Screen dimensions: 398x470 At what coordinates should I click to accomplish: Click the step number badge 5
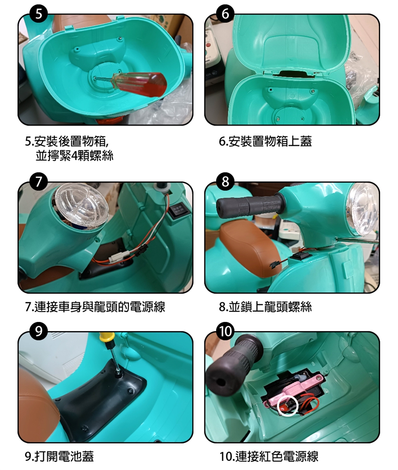pyautogui.click(x=39, y=14)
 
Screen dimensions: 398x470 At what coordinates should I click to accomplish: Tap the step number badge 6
pyautogui.click(x=225, y=14)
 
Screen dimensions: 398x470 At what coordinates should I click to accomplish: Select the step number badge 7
pyautogui.click(x=39, y=182)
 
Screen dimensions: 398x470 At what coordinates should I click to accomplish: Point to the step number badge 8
pyautogui.click(x=225, y=182)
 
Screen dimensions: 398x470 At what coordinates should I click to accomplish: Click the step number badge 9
pyautogui.click(x=39, y=331)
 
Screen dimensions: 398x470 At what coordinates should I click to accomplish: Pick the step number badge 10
pyautogui.click(x=225, y=331)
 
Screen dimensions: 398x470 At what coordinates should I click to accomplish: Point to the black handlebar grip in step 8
pyautogui.click(x=249, y=206)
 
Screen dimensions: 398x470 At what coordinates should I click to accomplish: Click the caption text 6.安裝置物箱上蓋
pyautogui.click(x=265, y=141)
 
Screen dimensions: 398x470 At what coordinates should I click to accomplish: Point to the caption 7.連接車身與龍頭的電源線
pyautogui.click(x=95, y=307)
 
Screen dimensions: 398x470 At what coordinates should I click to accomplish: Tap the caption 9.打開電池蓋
pyautogui.click(x=59, y=456)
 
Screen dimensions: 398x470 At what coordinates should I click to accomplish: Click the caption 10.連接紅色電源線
pyautogui.click(x=269, y=456)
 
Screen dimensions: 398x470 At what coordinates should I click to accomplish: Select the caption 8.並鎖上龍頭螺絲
pyautogui.click(x=265, y=307)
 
